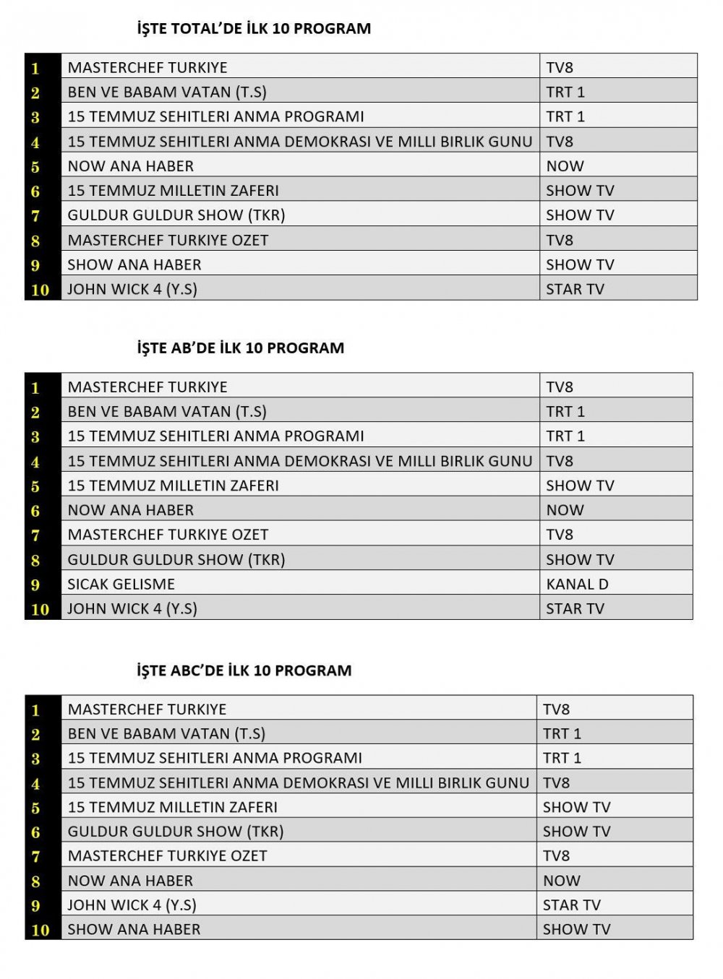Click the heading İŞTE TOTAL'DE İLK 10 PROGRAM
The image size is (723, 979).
pos(254,29)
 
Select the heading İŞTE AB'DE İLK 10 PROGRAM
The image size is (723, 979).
pos(240,348)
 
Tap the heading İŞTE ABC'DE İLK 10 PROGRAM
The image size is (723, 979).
pos(244,670)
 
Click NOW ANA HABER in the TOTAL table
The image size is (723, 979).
pos(131,166)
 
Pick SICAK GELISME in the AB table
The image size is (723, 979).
pos(121,584)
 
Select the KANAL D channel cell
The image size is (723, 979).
pos(577,584)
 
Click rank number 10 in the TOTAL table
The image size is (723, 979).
pos(40,290)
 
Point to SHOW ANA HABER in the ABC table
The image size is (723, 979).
pos(134,929)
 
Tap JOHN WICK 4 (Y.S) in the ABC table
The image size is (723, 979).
pos(132,905)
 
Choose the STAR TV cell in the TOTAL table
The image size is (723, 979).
pos(575,289)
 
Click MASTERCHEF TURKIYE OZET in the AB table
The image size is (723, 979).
pos(168,535)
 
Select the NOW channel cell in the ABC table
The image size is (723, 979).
pos(562,881)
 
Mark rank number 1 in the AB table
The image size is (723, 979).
pos(35,388)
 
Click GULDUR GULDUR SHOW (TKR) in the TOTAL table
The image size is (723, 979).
pos(176,215)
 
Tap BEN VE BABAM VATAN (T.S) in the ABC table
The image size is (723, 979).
pos(166,733)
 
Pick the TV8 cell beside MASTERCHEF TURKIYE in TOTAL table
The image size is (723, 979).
pos(560,68)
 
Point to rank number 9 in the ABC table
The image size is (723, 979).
pos(35,906)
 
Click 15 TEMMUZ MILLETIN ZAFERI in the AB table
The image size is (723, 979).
pos(174,486)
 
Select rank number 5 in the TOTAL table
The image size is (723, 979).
pos(35,167)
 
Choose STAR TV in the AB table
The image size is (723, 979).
pos(575,608)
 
